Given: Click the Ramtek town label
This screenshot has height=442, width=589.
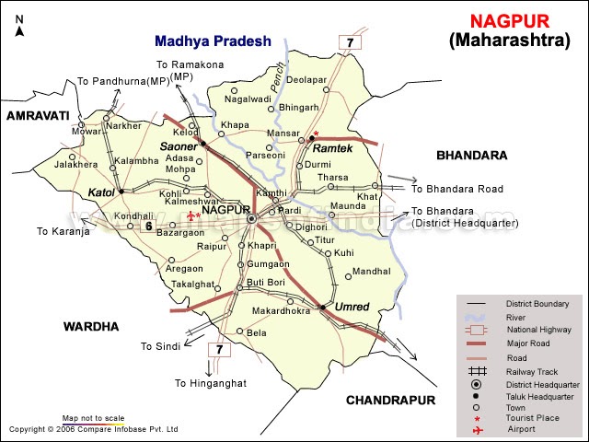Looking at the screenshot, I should tap(329, 148).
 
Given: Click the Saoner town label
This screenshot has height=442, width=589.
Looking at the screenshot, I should tap(179, 146).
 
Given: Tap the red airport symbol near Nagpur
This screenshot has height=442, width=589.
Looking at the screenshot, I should tap(190, 216).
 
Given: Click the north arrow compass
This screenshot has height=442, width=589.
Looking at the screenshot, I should tap(19, 26).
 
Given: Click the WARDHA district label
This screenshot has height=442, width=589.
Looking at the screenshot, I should tap(91, 327).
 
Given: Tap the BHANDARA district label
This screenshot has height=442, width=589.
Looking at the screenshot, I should tap(472, 155).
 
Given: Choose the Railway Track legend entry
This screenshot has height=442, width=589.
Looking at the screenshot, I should tap(529, 371).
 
